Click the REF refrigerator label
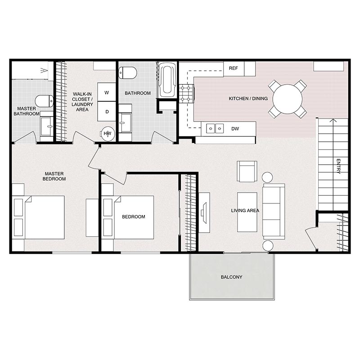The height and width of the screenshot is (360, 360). tap(233, 68)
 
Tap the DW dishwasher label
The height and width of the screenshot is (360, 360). tap(235, 129)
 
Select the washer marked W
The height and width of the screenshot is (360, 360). tap(107, 93)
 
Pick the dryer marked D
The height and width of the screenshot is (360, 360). tap(107, 111)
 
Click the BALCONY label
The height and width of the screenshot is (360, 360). tap(231, 277)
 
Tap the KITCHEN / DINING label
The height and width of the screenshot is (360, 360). tap(248, 99)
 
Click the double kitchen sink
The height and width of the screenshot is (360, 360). tap(215, 129)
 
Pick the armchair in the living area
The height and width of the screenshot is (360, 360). tap(247, 171)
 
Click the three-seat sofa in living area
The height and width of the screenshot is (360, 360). tap(273, 211)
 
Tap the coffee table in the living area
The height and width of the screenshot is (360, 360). tap(247, 211)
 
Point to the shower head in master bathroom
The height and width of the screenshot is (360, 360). tap(43, 70)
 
